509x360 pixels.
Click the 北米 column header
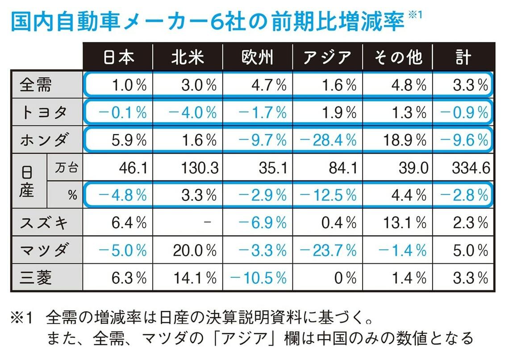(187, 57)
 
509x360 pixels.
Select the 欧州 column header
(257, 57)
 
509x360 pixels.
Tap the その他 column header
(397, 57)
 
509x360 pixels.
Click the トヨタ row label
(43, 113)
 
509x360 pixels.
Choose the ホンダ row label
(43, 140)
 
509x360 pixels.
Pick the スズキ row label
(43, 222)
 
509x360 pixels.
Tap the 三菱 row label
(36, 278)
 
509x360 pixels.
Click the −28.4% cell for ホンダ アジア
(328, 140)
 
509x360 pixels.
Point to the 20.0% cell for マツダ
(193, 251)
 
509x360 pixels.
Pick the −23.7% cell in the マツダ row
(328, 251)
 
